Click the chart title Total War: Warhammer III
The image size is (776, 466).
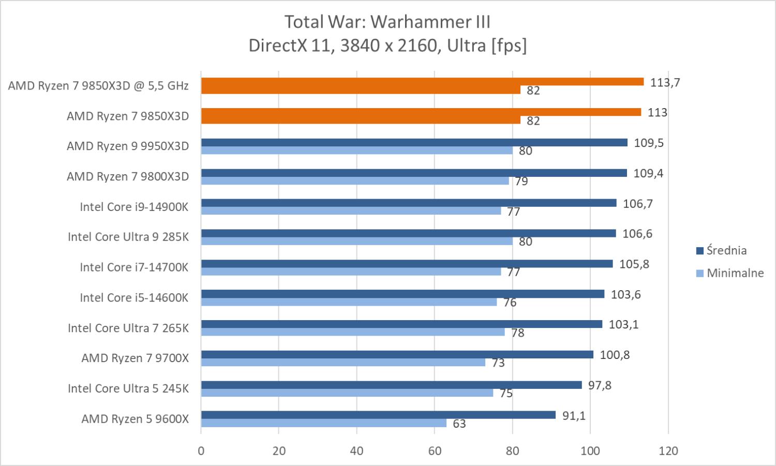click(x=387, y=22)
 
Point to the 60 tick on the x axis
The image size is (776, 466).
click(x=435, y=451)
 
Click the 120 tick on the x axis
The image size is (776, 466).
click(x=668, y=451)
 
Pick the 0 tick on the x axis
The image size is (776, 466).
click(x=201, y=451)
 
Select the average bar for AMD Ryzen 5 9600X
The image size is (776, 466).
click(x=378, y=415)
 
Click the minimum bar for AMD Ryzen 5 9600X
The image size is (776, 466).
click(x=324, y=423)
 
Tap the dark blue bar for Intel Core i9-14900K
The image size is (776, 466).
click(x=409, y=203)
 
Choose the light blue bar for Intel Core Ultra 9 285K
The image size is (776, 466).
click(x=357, y=242)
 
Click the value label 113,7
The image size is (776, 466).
click(x=665, y=83)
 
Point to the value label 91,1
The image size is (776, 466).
click(x=574, y=416)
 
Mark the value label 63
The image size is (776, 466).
click(x=459, y=424)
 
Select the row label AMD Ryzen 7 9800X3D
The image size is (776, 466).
click(x=128, y=177)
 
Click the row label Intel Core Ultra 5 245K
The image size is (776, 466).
click(x=128, y=388)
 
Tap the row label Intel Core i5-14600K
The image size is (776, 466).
click(x=134, y=298)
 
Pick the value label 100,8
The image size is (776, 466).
click(x=615, y=355)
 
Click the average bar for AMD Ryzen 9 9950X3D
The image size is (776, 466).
click(x=414, y=142)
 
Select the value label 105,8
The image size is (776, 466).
click(x=634, y=264)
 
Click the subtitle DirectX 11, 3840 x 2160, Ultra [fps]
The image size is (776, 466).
click(x=387, y=46)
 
